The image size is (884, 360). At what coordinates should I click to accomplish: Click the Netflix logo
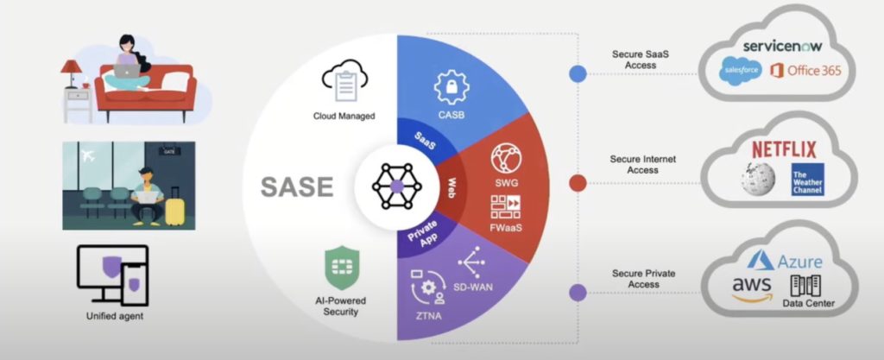[x=783, y=148]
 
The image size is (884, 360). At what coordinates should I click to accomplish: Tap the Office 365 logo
[x=805, y=70]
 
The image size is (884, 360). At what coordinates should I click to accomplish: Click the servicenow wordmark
[x=780, y=44]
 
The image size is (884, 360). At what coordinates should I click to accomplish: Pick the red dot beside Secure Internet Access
[x=578, y=182]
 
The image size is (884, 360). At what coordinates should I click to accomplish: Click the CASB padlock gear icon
[x=451, y=85]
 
